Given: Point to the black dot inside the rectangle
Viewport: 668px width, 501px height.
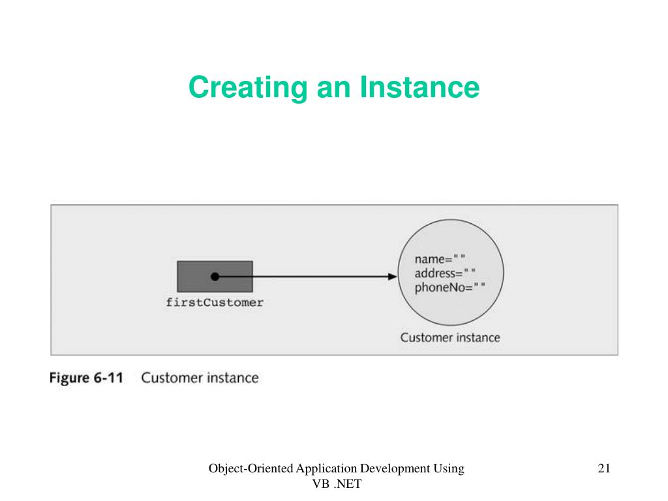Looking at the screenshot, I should pos(215,277).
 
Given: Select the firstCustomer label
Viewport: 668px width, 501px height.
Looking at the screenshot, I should pos(215,303).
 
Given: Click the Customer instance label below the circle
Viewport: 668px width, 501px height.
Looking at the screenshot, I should pos(450,337).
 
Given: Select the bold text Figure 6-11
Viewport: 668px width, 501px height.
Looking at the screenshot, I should pos(87,378).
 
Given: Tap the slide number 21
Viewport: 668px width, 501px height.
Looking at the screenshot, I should pos(603,468).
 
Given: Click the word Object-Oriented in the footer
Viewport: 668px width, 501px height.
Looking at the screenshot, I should pos(250,468).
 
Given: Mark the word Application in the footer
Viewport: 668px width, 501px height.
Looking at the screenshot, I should pos(326,468).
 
